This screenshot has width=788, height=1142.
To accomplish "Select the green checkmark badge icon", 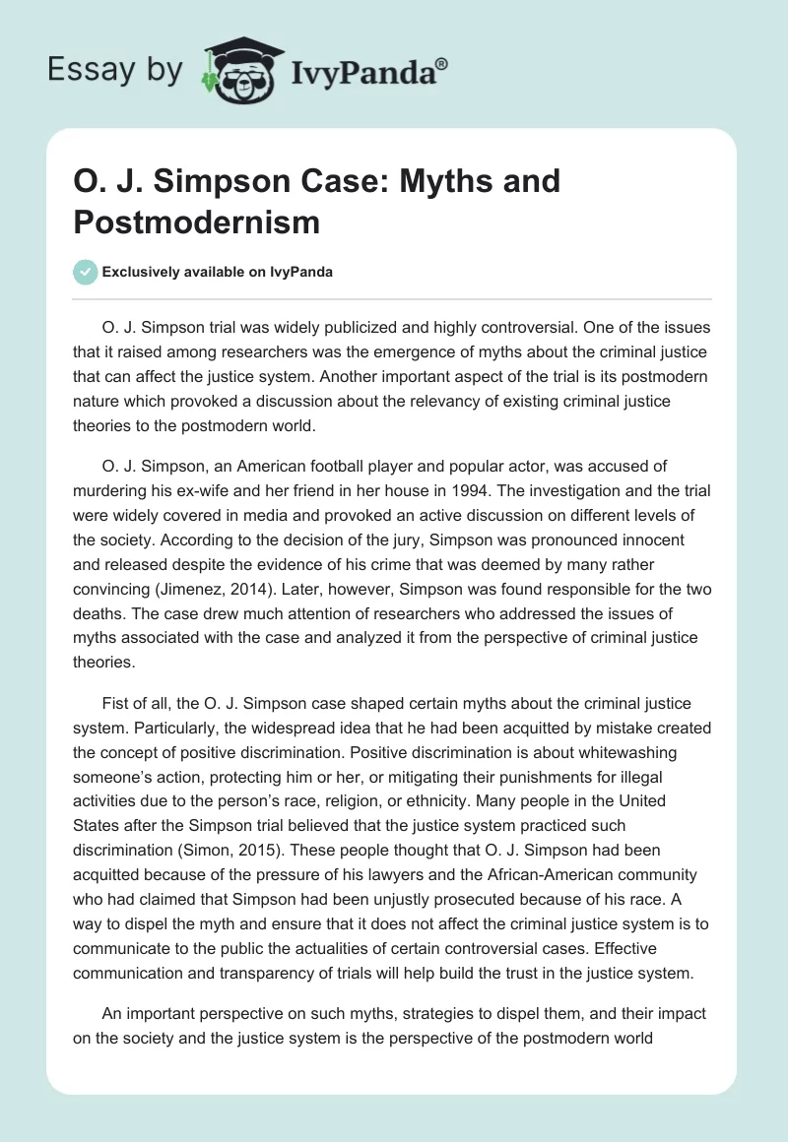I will point(86,272).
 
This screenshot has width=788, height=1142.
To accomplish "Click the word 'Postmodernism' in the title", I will point(196,222).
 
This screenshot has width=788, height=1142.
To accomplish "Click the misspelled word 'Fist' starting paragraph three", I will point(116,704).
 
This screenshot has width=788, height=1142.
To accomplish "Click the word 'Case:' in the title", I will point(300,181).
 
